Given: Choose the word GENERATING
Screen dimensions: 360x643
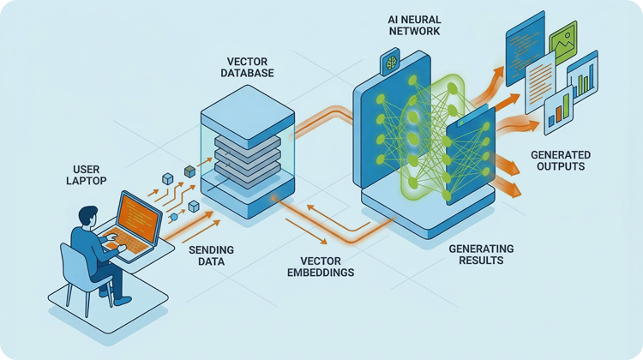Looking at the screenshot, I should point(481,249).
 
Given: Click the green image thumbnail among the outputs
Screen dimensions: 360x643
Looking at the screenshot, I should point(563,40).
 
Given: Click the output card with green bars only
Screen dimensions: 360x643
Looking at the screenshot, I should point(582,75).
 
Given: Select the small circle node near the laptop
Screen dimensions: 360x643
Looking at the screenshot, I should point(172,218).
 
